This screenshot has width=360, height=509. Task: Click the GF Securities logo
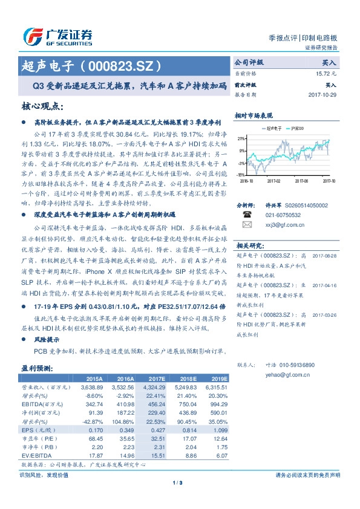tap(57, 36)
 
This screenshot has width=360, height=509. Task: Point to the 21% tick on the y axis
tap(241, 138)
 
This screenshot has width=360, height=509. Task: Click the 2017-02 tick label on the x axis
tap(274, 180)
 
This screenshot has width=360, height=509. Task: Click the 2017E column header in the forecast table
tap(156, 378)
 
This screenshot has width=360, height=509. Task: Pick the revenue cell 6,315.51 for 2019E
tap(216, 386)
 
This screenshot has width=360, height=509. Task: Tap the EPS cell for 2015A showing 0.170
tap(94, 430)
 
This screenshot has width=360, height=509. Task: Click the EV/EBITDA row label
tap(37, 456)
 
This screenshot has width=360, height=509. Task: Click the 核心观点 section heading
tap(43, 106)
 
